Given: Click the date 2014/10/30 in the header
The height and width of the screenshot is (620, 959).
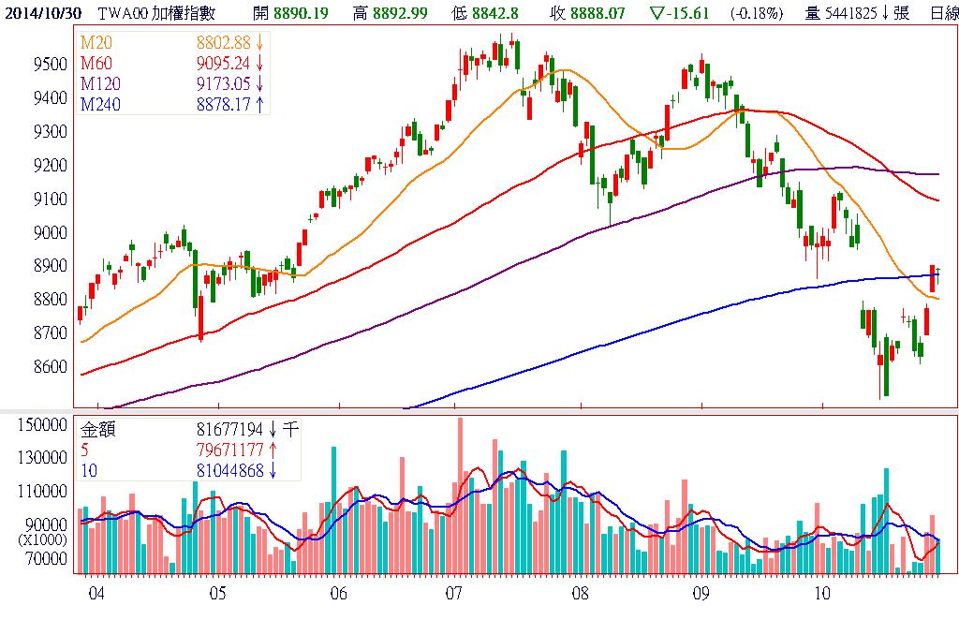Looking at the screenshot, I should point(40,12).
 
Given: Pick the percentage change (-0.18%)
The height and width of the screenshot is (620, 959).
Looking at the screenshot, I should point(753,12).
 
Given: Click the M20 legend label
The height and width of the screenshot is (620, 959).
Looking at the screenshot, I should point(96,43).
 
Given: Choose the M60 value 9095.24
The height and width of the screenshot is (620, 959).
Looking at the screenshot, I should point(224,64).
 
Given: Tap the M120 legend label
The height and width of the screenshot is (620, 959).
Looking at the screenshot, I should point(101,84).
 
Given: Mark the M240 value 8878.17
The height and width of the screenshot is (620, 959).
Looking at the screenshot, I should point(224,104).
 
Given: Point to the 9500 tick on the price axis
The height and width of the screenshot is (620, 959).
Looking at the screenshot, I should point(52,65).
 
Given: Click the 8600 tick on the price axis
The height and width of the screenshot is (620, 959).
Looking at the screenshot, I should point(52,367).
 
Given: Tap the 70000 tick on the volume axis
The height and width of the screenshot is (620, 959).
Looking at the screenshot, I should point(50,559).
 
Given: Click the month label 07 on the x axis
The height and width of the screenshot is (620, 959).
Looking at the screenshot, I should point(454,594).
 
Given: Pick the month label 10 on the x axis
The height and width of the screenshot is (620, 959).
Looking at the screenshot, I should point(821,594).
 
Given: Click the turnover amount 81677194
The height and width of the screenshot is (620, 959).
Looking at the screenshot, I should point(230,431).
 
